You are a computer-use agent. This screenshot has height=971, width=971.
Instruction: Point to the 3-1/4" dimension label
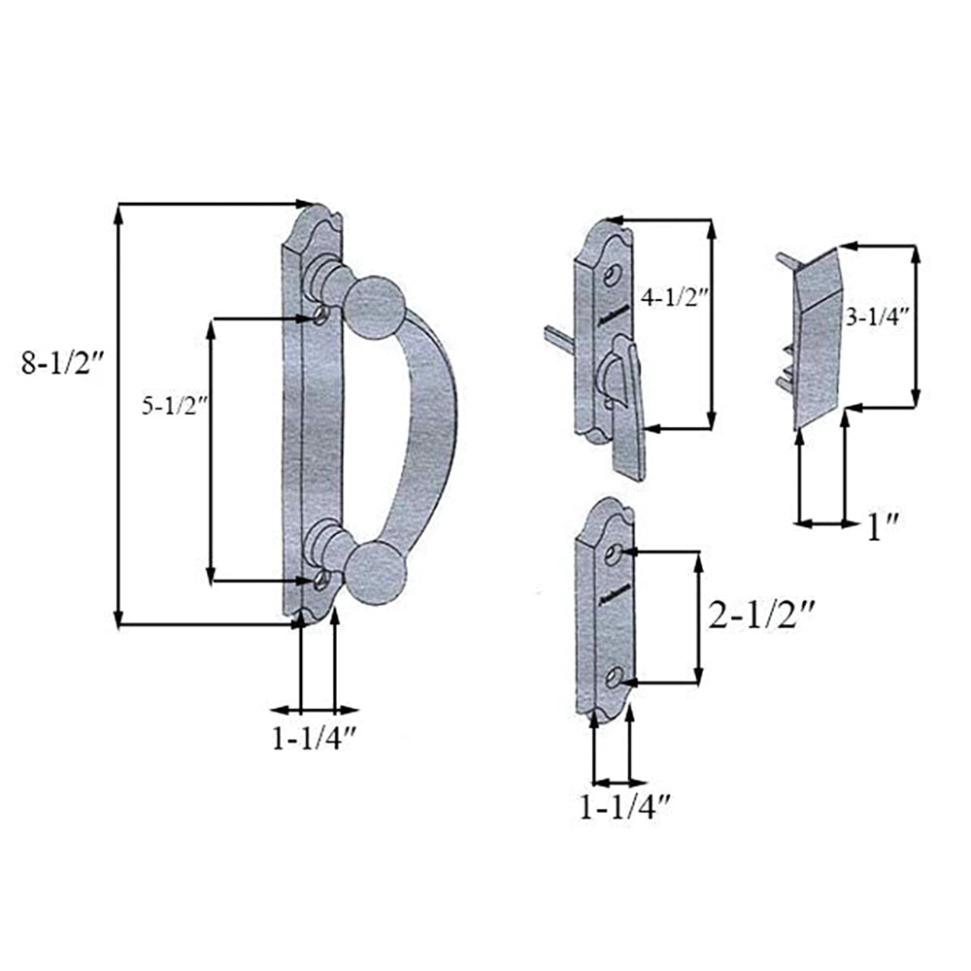click(878, 316)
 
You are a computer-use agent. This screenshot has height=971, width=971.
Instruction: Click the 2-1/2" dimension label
click(760, 617)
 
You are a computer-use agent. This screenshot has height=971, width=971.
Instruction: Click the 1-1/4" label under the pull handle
click(316, 739)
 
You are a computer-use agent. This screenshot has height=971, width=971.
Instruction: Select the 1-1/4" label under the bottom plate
click(625, 807)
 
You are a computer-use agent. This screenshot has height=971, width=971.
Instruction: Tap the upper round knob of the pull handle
click(375, 310)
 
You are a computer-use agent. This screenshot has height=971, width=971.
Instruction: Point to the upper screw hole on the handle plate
click(321, 317)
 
